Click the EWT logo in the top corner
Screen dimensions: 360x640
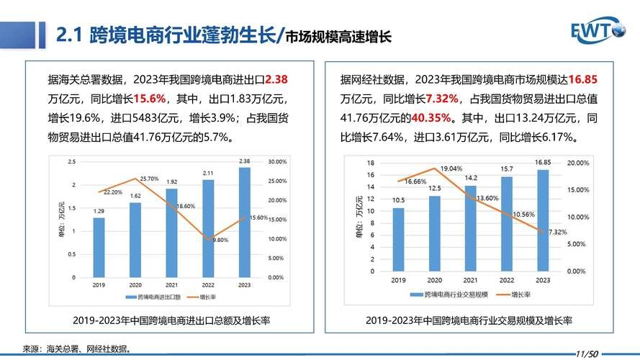pyautogui.click(x=599, y=30)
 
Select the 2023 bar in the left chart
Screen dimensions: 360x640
pyautogui.click(x=245, y=223)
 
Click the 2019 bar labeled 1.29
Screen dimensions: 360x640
pyautogui.click(x=99, y=247)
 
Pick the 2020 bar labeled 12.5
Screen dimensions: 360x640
pyautogui.click(x=434, y=233)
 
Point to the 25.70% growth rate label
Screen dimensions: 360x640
pyautogui.click(x=148, y=178)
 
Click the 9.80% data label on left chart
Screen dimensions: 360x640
pyautogui.click(x=221, y=240)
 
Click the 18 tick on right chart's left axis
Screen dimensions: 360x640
pyautogui.click(x=371, y=163)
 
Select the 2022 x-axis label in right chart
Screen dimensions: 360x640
pyautogui.click(x=506, y=280)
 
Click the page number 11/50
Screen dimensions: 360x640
pyautogui.click(x=587, y=354)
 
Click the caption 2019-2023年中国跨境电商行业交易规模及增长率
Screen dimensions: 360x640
pyautogui.click(x=468, y=320)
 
